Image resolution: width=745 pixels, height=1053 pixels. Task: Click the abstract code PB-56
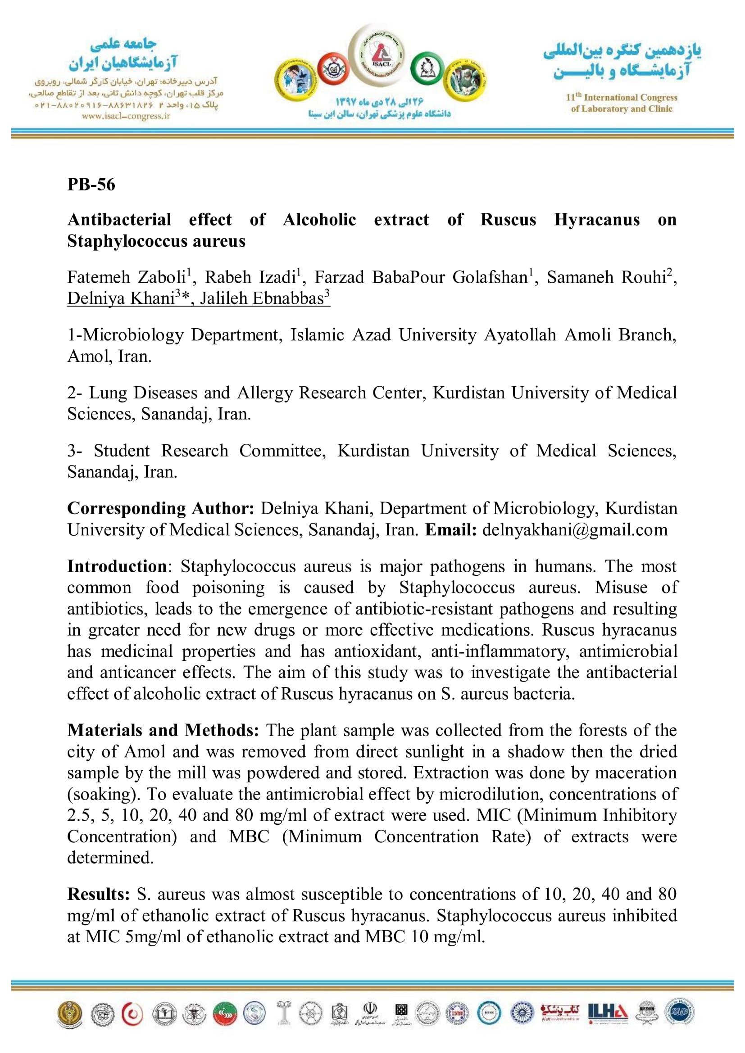(91, 185)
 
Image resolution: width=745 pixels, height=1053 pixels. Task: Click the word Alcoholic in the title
(319, 220)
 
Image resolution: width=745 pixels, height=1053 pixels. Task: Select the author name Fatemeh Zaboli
(126, 277)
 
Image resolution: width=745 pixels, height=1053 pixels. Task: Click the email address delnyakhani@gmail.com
(575, 530)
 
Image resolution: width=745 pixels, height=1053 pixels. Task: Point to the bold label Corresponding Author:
(160, 508)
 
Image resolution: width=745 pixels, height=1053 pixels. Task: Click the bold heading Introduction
(117, 566)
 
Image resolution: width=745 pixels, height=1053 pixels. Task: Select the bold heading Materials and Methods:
(163, 730)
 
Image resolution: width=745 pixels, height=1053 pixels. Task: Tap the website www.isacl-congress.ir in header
(126, 116)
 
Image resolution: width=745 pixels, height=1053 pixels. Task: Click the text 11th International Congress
(621, 97)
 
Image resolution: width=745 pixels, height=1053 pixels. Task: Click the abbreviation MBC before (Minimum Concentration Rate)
(249, 836)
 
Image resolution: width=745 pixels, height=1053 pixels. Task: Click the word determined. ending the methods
(110, 857)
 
